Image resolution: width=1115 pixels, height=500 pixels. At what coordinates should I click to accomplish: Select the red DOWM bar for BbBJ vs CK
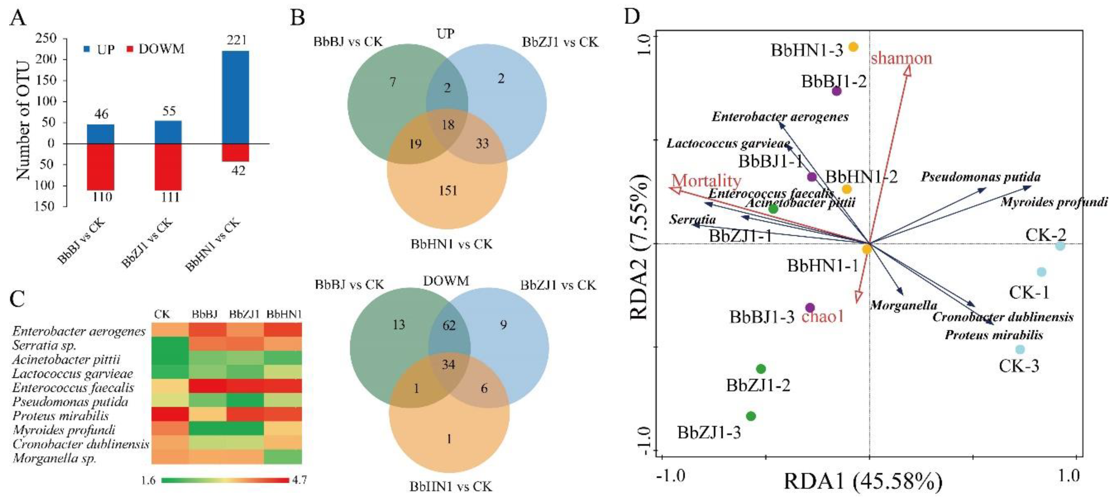click(100, 167)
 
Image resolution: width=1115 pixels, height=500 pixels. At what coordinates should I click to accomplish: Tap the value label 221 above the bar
click(236, 40)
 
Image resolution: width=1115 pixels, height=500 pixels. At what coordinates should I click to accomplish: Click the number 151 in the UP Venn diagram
click(447, 190)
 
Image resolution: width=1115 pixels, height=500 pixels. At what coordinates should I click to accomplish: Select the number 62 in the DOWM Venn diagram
click(449, 325)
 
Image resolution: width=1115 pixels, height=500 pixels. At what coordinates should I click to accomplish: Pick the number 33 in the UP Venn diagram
click(482, 143)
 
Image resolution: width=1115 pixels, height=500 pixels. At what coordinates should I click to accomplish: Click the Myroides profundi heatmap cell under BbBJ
click(207, 429)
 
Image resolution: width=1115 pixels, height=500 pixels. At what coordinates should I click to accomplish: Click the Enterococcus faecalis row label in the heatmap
click(73, 387)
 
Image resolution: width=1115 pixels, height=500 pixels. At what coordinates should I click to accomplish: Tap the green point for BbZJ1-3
click(751, 416)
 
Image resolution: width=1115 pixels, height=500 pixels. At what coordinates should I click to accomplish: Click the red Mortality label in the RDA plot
click(707, 180)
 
